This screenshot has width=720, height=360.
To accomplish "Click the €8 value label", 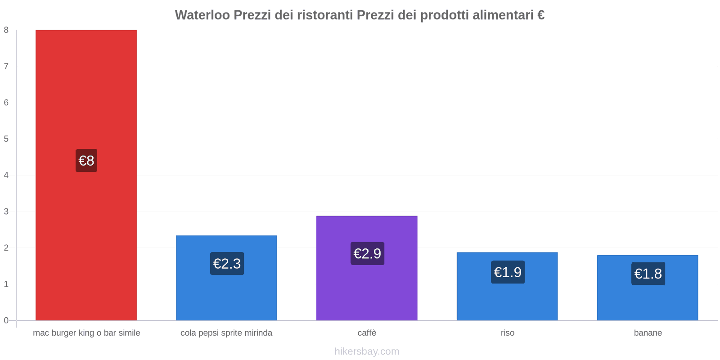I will coord(86,161).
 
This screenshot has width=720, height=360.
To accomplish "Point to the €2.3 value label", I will coord(227,264).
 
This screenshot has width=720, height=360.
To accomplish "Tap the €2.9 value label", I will coord(367,254).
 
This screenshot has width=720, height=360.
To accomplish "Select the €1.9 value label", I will coord(508,272).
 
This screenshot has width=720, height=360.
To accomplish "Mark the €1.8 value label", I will coord(648,274).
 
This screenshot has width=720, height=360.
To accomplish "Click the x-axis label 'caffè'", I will coord(367,333).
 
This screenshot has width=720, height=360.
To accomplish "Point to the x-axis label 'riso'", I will coord(507,333).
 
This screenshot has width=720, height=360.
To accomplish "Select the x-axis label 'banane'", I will coord(648,333).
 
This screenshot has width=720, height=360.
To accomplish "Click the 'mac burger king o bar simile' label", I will coord(86,333).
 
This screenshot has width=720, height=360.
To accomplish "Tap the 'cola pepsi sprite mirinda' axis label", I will coord(226,333).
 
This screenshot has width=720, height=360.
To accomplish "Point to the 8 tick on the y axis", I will coord(6,30).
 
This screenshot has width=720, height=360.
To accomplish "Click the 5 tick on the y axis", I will coord(6,139).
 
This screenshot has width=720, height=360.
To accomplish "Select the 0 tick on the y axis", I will coord(6,320).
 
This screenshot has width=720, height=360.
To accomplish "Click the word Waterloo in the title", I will coord(202,15).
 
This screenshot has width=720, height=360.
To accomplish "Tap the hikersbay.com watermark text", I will coord(367,351).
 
